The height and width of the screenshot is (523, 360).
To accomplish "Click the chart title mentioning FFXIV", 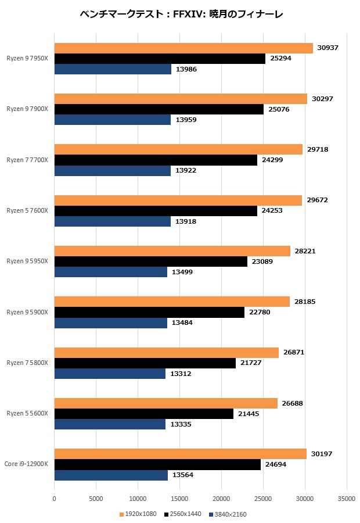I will [x=181, y=15].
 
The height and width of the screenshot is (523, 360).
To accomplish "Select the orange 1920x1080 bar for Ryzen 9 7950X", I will [x=183, y=48].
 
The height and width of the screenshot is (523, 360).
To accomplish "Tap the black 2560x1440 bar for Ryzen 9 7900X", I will [x=159, y=109].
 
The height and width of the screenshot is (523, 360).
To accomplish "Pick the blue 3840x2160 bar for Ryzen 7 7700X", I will [x=112, y=170].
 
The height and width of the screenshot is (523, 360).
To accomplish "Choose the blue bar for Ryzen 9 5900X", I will [x=110, y=323].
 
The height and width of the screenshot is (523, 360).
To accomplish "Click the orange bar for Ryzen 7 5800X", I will [x=166, y=353].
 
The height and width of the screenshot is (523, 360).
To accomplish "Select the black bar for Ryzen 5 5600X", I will [x=143, y=414].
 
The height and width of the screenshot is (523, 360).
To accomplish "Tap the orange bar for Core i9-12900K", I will [x=180, y=454].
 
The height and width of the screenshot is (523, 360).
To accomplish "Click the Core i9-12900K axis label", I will [x=27, y=464].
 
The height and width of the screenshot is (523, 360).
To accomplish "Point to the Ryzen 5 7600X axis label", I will [x=27, y=210].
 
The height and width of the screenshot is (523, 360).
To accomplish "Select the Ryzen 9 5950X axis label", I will [x=27, y=261].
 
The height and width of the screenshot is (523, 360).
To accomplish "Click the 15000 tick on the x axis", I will [x=179, y=499].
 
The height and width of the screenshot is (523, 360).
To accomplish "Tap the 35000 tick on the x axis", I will [x=347, y=499].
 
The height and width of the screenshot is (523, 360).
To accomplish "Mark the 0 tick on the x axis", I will [x=55, y=499].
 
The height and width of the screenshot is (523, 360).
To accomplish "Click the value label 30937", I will [x=329, y=48].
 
